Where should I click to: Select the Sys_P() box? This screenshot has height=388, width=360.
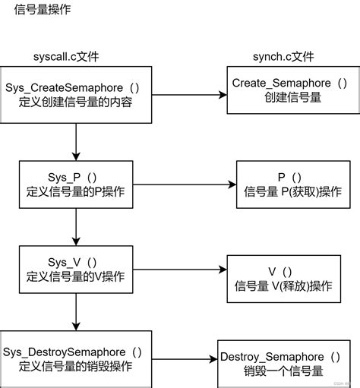click(x=75, y=184)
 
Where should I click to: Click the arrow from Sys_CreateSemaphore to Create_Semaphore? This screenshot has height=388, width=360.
click(x=186, y=95)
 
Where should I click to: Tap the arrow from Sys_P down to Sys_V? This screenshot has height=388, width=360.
click(x=75, y=226)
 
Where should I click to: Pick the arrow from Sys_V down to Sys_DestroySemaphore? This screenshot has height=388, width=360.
click(x=75, y=313)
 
